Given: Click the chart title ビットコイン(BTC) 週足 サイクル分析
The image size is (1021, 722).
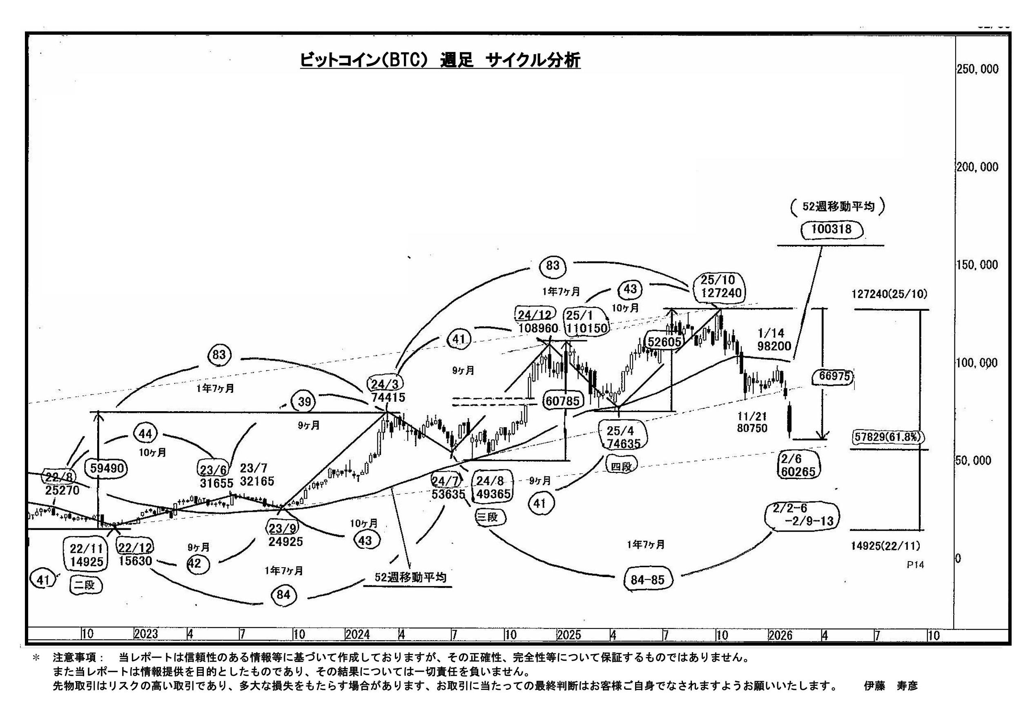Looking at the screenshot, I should (x=440, y=60).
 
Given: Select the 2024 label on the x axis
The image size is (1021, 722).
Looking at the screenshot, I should (x=357, y=635).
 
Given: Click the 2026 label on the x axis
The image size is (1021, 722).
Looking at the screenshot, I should (x=780, y=635).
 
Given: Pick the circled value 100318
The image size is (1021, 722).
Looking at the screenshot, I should (x=831, y=230).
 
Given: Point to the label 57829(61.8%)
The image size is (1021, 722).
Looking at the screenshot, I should (x=887, y=437).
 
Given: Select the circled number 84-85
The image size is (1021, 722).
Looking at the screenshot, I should (x=647, y=580).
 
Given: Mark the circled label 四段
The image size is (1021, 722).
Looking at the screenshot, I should (x=621, y=467).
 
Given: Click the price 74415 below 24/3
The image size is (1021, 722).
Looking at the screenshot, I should (x=388, y=397).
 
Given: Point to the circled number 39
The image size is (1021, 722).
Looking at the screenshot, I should (x=304, y=402).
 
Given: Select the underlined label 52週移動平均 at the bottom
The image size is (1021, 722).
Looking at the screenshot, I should (x=410, y=577).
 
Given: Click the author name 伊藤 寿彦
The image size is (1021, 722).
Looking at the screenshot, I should (x=891, y=686).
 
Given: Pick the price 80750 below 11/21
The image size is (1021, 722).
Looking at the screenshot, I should (x=752, y=428).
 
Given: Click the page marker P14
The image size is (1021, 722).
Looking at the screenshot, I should (x=915, y=565).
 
